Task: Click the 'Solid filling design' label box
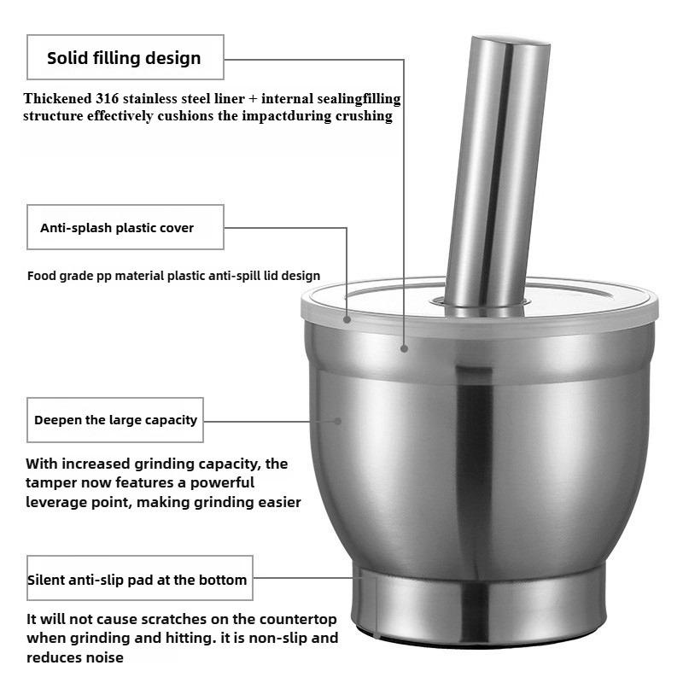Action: click(x=125, y=57)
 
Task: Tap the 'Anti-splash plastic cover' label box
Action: click(x=125, y=227)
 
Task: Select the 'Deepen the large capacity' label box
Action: click(x=115, y=419)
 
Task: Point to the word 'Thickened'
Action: click(x=55, y=99)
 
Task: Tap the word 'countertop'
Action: click(x=293, y=619)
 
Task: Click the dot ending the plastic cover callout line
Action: click(x=347, y=320)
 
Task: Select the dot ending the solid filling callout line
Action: click(x=404, y=347)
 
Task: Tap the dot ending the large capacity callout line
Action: click(x=339, y=420)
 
